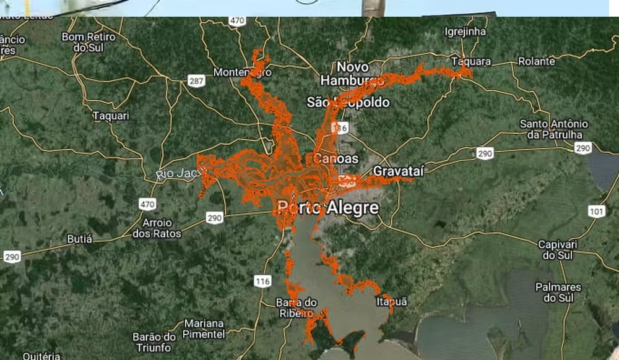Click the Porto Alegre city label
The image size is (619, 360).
click(x=328, y=208)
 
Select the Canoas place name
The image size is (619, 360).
click(x=336, y=159)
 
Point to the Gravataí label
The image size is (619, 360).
click(x=399, y=171)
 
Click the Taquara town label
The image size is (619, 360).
click(x=471, y=62)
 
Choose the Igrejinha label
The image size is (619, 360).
click(x=465, y=31)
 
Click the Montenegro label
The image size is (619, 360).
click(x=242, y=72)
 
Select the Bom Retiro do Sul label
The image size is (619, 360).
click(x=88, y=42)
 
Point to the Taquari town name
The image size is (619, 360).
click(x=111, y=116)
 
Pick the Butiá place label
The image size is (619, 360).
click(x=79, y=239)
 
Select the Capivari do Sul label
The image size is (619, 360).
click(x=558, y=249)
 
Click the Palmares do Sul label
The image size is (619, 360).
click(x=558, y=293)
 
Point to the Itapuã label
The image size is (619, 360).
click(x=392, y=302)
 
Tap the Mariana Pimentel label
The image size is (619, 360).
click(x=204, y=328)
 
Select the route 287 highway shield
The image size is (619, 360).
click(x=197, y=81)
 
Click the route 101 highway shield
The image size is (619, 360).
click(x=596, y=212)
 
